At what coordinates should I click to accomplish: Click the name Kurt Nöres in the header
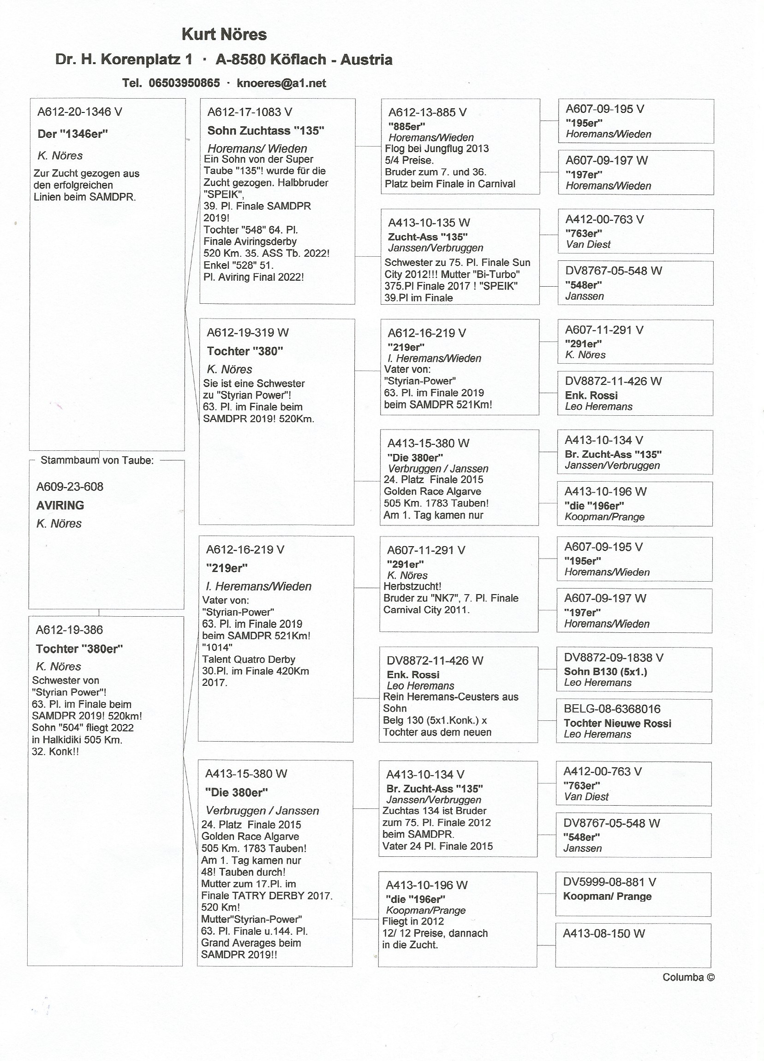click(x=224, y=35)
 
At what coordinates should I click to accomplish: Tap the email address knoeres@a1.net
click(x=281, y=83)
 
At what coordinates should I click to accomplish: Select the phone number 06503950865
click(x=184, y=83)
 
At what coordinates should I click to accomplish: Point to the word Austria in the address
click(x=366, y=60)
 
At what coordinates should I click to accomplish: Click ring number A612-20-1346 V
click(x=79, y=112)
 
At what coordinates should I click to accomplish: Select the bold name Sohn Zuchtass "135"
click(x=266, y=131)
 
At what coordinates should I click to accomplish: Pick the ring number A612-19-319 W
click(x=248, y=333)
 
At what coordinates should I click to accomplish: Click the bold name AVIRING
click(x=60, y=505)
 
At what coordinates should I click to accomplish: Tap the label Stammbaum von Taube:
click(x=97, y=460)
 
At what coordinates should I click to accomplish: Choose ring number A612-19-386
click(x=69, y=630)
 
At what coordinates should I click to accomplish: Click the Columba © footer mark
click(x=688, y=977)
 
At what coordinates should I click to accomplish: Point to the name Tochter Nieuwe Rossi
click(x=617, y=723)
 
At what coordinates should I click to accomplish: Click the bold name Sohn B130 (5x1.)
click(x=606, y=672)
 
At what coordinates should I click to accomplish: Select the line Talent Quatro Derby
click(x=249, y=660)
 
